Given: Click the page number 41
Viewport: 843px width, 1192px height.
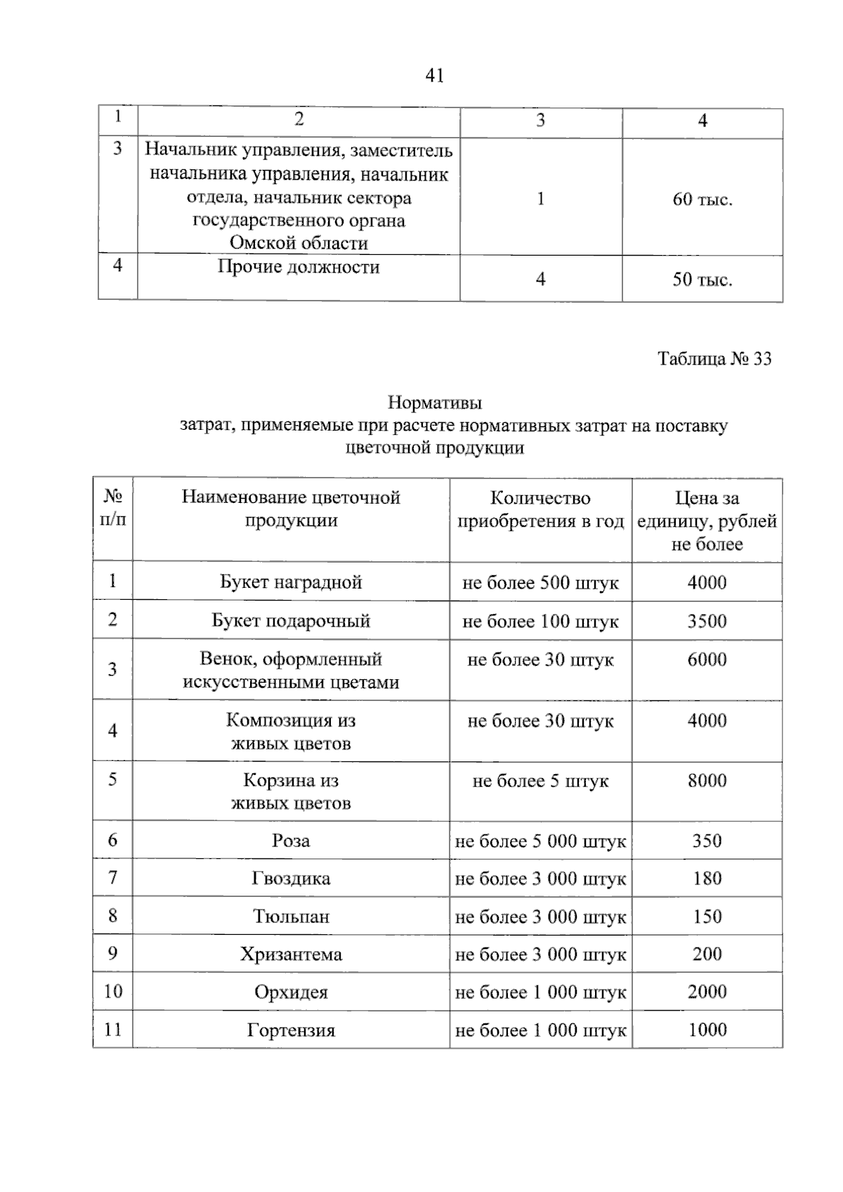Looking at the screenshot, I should pos(435,75).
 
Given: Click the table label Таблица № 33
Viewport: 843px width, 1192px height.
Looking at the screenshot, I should pos(714,359).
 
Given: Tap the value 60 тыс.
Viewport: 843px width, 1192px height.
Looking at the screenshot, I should pos(702,199).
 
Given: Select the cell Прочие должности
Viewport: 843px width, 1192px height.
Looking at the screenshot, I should pos(299,267).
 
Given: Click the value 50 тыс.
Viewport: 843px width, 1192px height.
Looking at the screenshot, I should pos(702,280).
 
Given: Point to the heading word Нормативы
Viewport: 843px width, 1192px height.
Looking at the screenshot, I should pos(435,403).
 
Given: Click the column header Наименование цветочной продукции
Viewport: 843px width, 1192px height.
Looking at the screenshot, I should pos(291,509).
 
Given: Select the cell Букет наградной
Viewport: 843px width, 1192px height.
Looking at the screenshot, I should pos(291,582).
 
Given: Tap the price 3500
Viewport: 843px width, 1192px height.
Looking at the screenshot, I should pos(707,621).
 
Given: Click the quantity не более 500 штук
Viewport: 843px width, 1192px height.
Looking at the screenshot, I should pos(540,583).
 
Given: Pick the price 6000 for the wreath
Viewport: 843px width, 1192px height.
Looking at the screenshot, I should pos(707,660).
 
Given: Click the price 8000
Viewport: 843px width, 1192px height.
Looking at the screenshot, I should pos(707,780).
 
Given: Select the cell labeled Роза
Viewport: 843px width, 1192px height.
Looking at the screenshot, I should pos(291,841).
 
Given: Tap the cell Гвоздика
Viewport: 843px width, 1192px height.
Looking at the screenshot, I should pos(291,879).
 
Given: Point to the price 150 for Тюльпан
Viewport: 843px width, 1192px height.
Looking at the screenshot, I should pos(707,917).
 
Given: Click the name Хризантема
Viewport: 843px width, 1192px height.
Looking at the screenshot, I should pos(291,955).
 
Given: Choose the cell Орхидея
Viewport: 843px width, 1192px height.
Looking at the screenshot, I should pos(291,993).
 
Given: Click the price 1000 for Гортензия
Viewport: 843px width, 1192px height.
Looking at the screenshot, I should pos(707,1030).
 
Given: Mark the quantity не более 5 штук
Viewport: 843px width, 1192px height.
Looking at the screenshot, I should pos(540,781).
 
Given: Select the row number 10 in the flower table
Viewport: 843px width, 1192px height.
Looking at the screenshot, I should pos(112,992).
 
